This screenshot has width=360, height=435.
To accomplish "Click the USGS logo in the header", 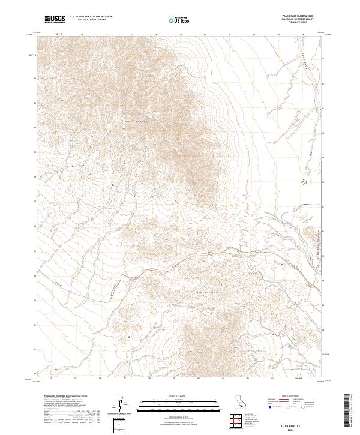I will tap(55, 20).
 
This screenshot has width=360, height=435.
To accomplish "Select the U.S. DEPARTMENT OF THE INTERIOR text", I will tap(91, 17).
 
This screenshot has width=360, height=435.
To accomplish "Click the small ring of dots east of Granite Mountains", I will tap(302, 182).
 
